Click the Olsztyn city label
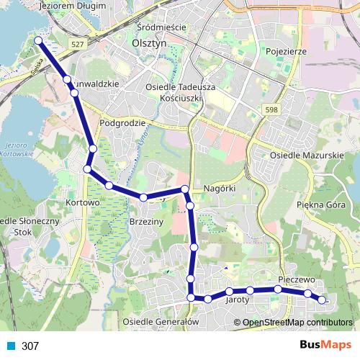pyautogui.click(x=150, y=42)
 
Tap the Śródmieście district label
pyautogui.click(x=161, y=27)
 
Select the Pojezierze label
pyautogui.click(x=286, y=52)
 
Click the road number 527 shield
pyautogui.click(x=77, y=44)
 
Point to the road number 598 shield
pyautogui.click(x=271, y=109)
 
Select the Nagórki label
pyautogui.click(x=220, y=188)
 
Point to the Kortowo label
pyautogui.click(x=81, y=203)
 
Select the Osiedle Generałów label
pyautogui.click(x=160, y=321)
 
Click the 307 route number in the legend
pyautogui.click(x=30, y=346)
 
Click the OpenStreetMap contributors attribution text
pyautogui.click(x=297, y=322)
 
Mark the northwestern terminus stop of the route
pyautogui.click(x=37, y=41)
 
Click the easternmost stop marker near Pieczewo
pyautogui.click(x=322, y=300)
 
